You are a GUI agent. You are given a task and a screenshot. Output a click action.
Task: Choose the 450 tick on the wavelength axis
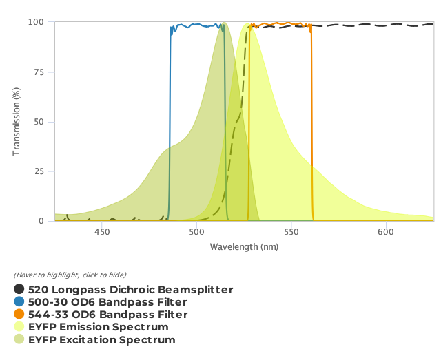(x=102, y=232)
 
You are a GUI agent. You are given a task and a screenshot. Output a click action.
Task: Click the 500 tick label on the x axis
(x=196, y=232)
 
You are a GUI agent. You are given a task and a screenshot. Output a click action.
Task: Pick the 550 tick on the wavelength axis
(x=291, y=232)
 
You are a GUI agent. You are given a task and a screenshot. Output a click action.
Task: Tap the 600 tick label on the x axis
(x=386, y=232)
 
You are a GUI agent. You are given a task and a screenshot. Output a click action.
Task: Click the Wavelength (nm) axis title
(x=244, y=246)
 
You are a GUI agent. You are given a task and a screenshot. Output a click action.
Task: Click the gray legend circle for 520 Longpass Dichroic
(x=19, y=290)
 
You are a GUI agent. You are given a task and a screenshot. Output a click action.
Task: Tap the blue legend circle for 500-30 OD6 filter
(x=19, y=302)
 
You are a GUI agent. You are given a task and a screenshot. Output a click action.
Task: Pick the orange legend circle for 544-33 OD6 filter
(x=19, y=315)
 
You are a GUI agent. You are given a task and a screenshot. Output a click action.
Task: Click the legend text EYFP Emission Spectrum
(x=98, y=327)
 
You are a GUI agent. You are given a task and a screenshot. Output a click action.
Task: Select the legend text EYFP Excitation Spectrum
(x=101, y=340)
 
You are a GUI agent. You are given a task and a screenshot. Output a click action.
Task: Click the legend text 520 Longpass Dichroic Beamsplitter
(x=130, y=290)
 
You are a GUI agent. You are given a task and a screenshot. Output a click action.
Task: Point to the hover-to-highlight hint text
(x=70, y=275)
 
